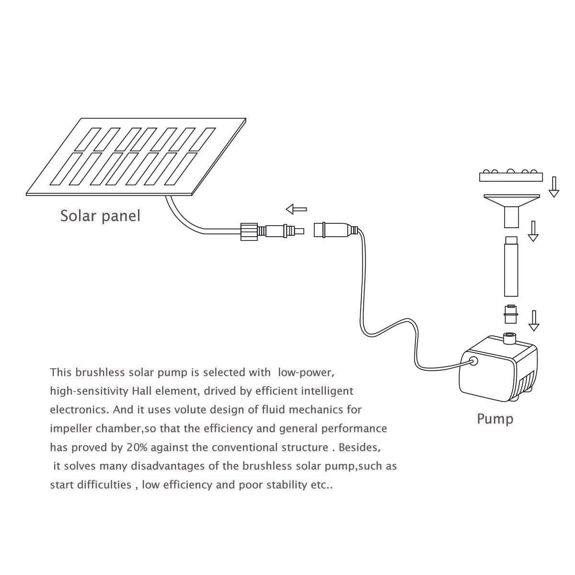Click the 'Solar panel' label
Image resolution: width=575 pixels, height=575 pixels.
pos(100,216)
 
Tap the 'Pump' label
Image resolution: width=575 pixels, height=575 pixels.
pos(495,419)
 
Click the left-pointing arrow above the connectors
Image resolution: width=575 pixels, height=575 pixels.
pos(296,209)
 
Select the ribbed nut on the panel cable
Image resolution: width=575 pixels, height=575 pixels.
pos(249,231)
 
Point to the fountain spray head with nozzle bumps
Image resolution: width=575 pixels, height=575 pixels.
pos(511,176)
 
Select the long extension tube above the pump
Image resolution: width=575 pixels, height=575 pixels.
pos(511,266)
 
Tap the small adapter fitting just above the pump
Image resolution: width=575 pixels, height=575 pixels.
pos(511,314)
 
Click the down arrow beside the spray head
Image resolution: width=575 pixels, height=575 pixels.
pos(554,187)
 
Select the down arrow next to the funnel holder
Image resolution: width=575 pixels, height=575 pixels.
pos(533,231)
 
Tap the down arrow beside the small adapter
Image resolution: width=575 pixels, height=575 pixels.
pos(534,321)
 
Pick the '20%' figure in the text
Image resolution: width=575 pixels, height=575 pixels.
pos(137,448)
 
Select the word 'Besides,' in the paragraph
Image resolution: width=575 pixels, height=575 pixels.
pos(360,448)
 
